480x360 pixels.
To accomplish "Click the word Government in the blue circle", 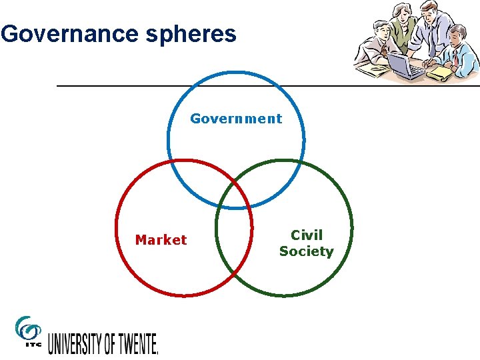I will pos(236,119).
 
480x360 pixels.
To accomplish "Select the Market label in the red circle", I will pos(161,240).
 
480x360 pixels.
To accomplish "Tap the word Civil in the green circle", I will pos(306,235).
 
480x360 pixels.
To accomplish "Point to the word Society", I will pos(306,251).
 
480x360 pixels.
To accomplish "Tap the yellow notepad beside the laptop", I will pos(439,73).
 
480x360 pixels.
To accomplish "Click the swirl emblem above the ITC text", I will pos(28,327).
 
